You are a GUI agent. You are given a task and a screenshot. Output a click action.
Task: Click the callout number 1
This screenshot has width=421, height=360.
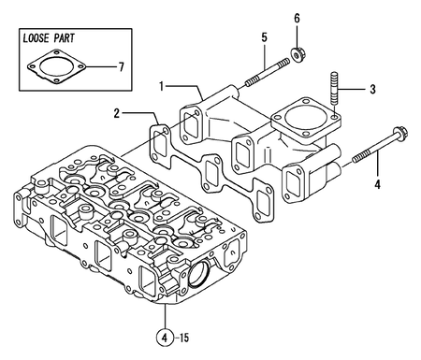tap(162, 86)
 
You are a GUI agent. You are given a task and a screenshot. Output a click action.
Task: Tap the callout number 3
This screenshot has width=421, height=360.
tap(372, 90)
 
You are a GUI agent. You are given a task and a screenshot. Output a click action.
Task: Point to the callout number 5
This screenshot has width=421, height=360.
tap(264, 37)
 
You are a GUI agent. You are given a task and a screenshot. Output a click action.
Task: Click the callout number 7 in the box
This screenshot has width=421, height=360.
tap(119, 66)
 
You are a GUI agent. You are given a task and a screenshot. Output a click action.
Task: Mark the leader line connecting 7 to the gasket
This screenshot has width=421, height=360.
tap(98, 66)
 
